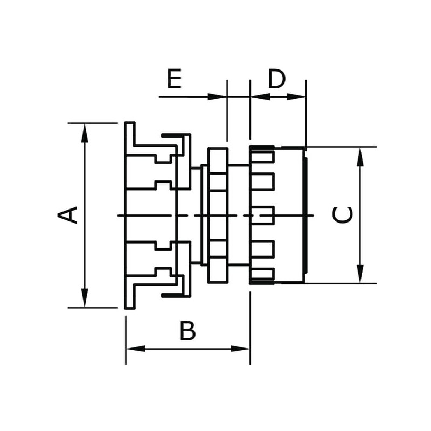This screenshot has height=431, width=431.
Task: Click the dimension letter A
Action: pos(68,214)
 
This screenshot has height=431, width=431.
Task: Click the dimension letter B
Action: pos(187,331)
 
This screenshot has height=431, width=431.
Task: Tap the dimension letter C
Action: pos(343,214)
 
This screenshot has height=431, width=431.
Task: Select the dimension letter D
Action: pos(276,79)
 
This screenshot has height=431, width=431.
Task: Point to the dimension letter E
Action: pos(174,79)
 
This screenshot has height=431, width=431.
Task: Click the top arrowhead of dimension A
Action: pos(85,133)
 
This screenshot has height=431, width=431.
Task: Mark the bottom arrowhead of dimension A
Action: pos(85,298)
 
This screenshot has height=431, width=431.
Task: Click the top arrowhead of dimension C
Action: pos(360,156)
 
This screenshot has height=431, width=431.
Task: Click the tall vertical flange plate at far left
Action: pos(129,215)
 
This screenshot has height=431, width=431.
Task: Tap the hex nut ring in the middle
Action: pos(218,215)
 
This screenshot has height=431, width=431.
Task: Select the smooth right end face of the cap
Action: pos(305,215)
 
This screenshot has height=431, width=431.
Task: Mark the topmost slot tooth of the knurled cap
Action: pos(262,156)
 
